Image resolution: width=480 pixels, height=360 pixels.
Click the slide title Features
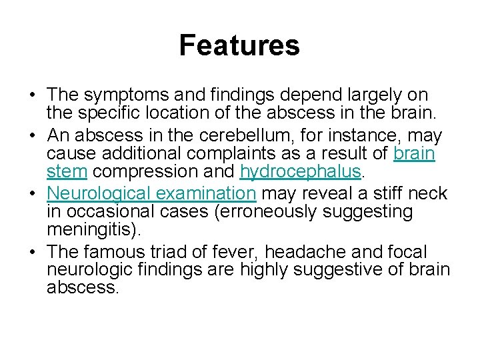point(239,46)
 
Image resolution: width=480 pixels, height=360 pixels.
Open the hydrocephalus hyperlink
point(300,172)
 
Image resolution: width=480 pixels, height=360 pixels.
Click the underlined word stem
point(67,172)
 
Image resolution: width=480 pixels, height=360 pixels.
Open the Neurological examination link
point(152,194)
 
